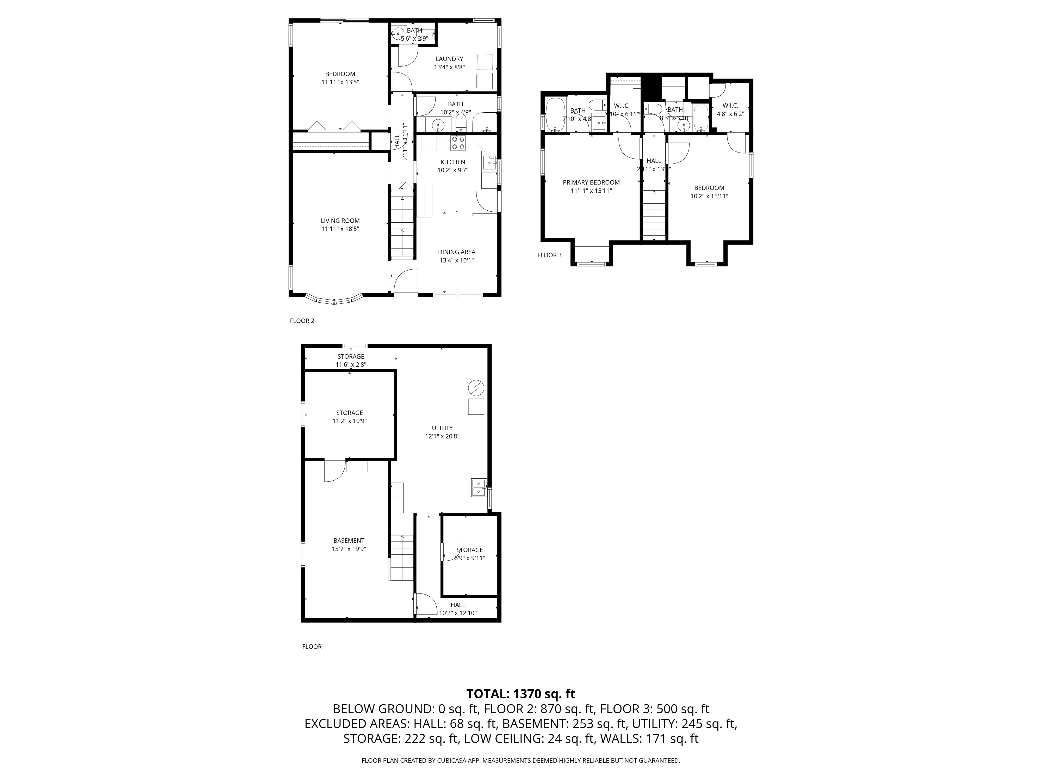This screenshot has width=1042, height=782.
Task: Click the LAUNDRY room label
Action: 449,59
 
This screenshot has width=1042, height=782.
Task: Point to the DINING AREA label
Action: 456,252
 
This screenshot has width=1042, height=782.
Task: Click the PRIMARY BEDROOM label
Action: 591,182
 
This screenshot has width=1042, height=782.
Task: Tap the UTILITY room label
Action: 442,428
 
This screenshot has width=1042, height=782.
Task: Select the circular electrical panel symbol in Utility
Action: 476,388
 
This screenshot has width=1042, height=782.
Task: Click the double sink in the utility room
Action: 479,487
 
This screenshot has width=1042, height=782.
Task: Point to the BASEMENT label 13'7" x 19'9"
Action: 349,541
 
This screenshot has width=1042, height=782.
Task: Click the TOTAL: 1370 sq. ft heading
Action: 520,694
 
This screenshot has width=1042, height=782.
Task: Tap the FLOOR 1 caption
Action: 314,647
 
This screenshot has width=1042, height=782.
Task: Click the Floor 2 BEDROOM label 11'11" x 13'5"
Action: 340,74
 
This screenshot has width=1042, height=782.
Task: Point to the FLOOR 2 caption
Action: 301,321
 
